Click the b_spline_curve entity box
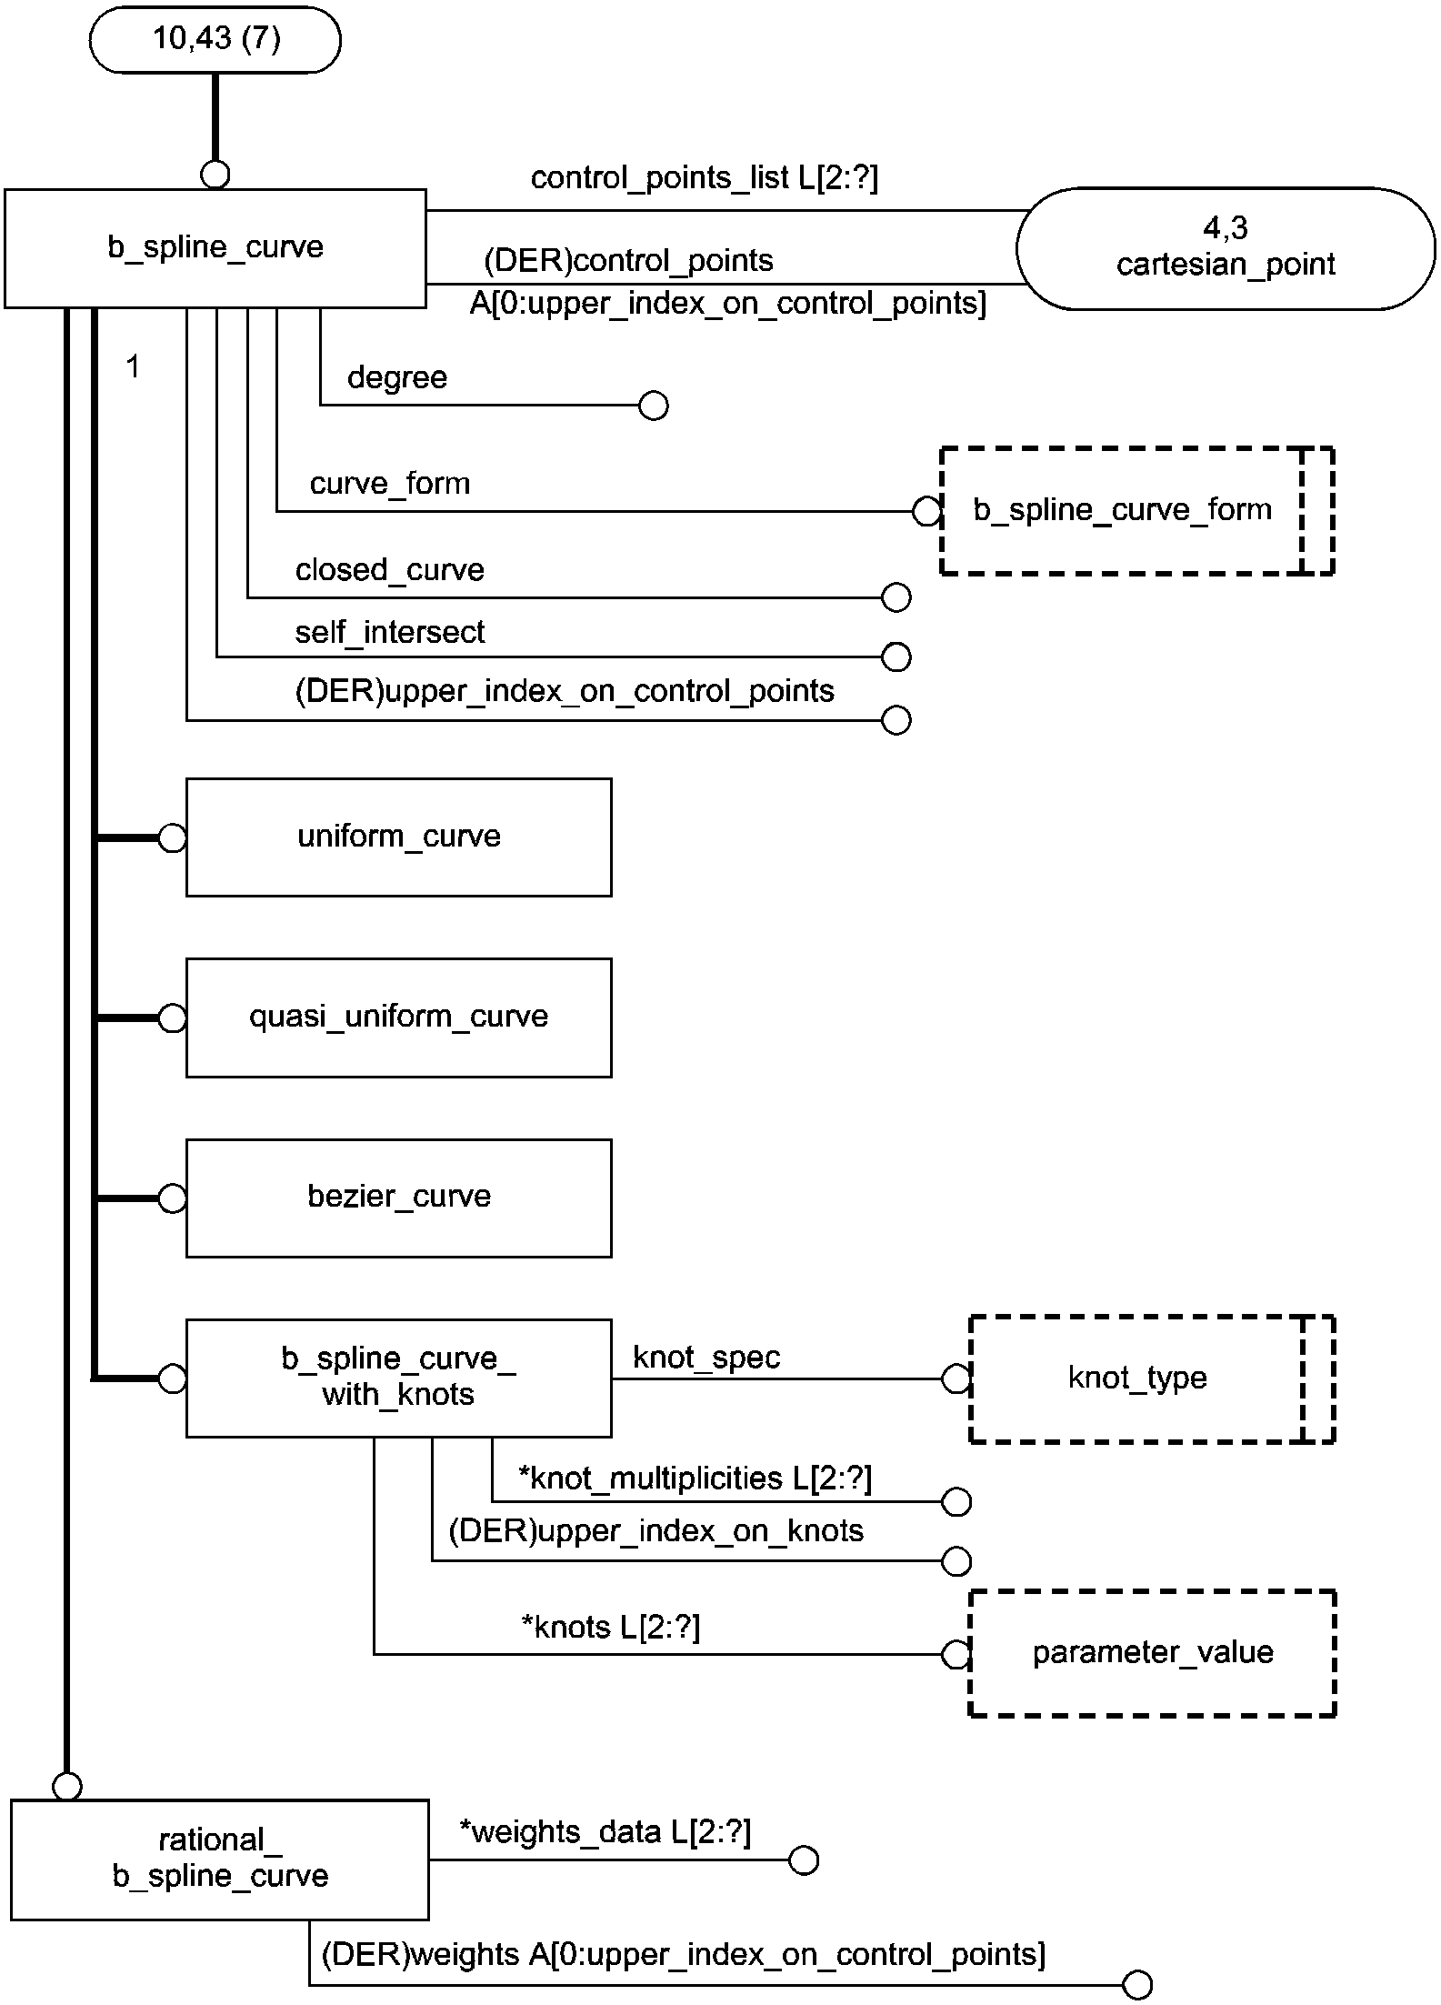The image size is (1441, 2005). [x=215, y=248]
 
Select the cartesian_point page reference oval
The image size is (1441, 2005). [x=1226, y=248]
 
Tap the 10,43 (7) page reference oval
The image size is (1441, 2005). [x=215, y=40]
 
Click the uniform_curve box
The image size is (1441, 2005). [x=399, y=837]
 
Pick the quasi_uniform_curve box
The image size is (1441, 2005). [x=399, y=1018]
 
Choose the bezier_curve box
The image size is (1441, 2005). [x=399, y=1198]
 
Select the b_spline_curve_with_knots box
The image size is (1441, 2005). [x=399, y=1378]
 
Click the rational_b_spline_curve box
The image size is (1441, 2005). [x=220, y=1860]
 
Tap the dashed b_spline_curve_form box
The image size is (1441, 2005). [x=1137, y=511]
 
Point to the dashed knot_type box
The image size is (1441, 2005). [x=1152, y=1378]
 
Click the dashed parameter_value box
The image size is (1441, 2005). [x=1153, y=1653]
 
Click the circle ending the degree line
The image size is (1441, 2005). [x=654, y=406]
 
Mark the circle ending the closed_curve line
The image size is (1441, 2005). [x=896, y=597]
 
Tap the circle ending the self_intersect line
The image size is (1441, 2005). [x=896, y=657]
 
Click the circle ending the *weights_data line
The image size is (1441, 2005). [x=804, y=1860]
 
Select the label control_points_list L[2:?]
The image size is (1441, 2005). [x=705, y=178]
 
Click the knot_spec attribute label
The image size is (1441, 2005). [x=706, y=1358]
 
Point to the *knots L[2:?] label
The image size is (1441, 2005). [x=611, y=1627]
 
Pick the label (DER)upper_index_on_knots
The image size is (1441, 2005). [x=656, y=1531]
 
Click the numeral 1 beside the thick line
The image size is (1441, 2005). [x=134, y=367]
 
